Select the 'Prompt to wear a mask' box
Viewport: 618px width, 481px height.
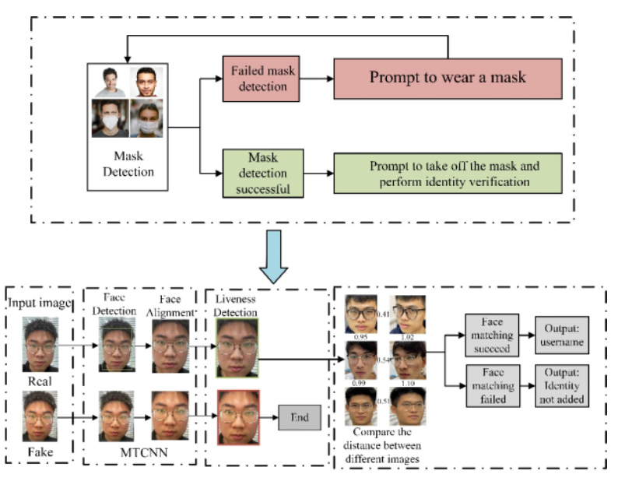[447, 77]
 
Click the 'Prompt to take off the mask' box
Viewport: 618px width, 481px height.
[447, 173]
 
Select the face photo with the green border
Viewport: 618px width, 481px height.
[238, 345]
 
